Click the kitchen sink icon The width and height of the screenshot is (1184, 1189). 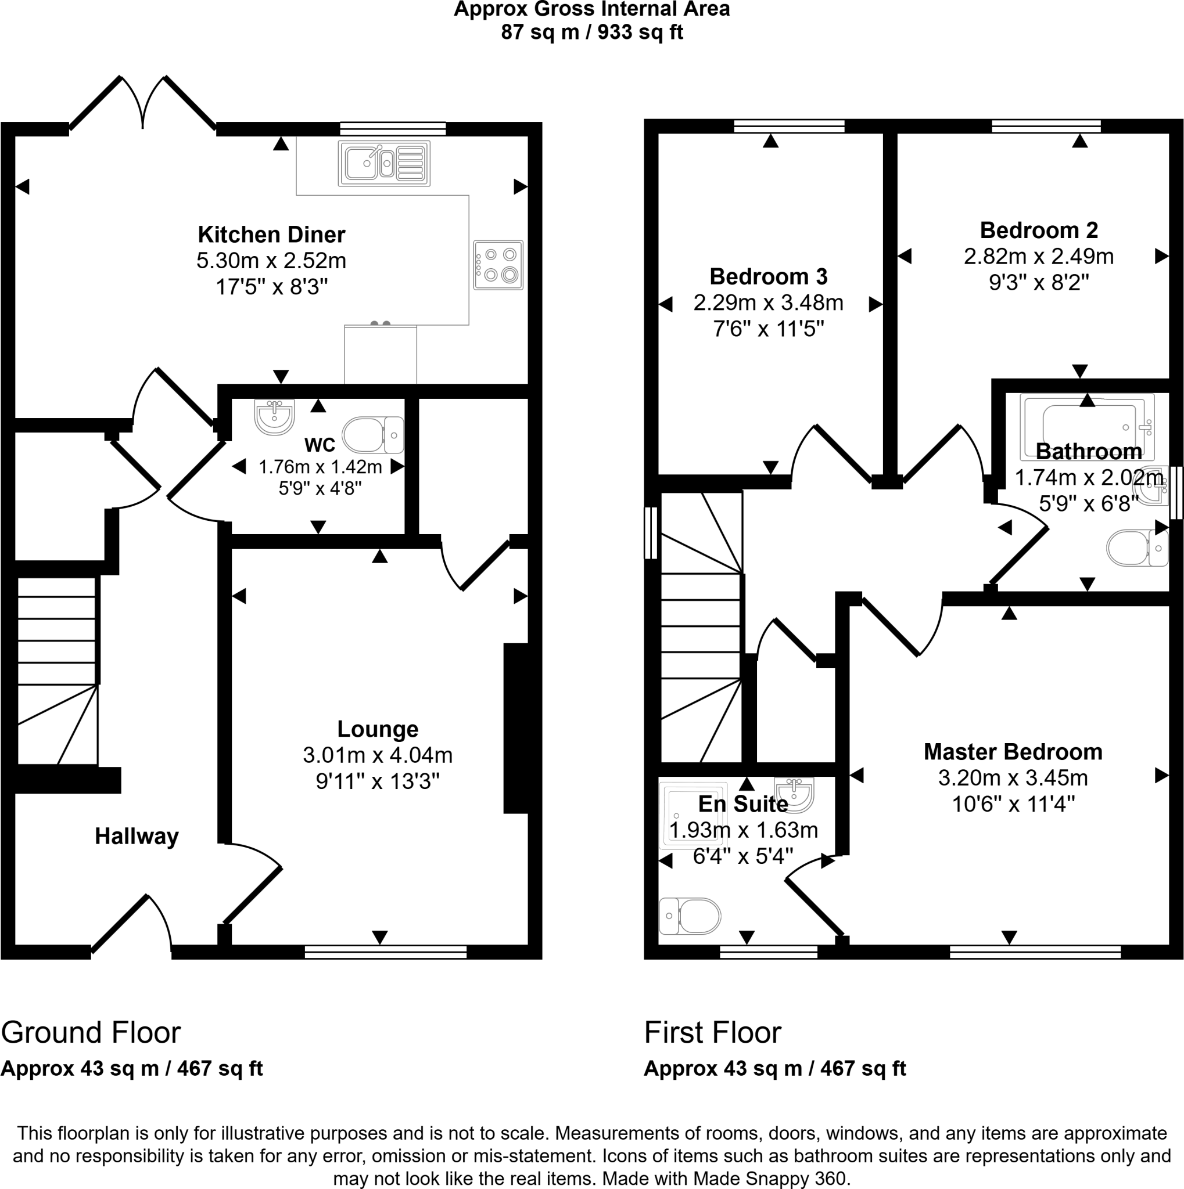383,164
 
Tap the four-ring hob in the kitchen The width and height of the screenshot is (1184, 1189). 498,265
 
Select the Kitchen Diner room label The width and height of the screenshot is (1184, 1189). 271,235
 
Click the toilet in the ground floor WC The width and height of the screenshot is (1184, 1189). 372,435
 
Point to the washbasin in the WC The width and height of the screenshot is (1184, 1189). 275,417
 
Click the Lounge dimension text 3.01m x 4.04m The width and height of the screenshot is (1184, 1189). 378,755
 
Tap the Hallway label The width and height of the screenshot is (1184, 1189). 137,836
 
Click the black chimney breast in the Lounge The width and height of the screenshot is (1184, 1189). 516,728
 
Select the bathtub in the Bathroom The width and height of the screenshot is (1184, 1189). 1087,426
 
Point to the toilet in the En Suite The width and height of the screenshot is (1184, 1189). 690,915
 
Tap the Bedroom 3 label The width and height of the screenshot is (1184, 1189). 768,276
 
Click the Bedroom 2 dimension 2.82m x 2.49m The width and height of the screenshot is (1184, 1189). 1038,256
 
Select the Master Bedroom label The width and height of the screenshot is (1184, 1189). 1013,751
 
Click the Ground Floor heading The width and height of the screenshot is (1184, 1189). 91,1032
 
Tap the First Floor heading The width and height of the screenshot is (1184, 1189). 712,1032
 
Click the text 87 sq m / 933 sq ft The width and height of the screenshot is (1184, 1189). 591,32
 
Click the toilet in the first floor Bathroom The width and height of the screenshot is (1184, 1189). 1136,547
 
